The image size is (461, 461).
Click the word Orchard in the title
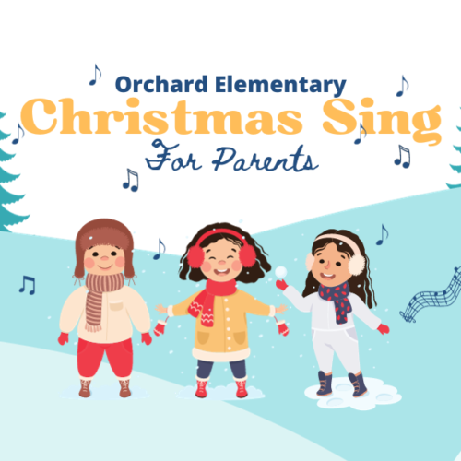click(161, 84)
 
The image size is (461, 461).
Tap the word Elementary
click(280, 86)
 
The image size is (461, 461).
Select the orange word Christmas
click(162, 117)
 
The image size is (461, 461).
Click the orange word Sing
click(382, 120)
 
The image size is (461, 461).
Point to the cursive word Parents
click(266, 160)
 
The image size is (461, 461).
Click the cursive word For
click(173, 156)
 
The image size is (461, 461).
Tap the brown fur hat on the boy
click(104, 242)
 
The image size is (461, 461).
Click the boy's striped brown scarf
click(100, 298)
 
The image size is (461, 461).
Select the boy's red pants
click(105, 358)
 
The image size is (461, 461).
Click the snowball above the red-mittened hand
click(281, 272)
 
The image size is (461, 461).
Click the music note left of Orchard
click(95, 75)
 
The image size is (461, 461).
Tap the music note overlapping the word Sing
click(361, 134)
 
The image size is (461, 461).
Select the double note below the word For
click(131, 180)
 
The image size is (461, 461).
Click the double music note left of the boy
click(28, 285)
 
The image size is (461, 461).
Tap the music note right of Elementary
click(403, 86)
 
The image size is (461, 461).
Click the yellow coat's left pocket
click(202, 337)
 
